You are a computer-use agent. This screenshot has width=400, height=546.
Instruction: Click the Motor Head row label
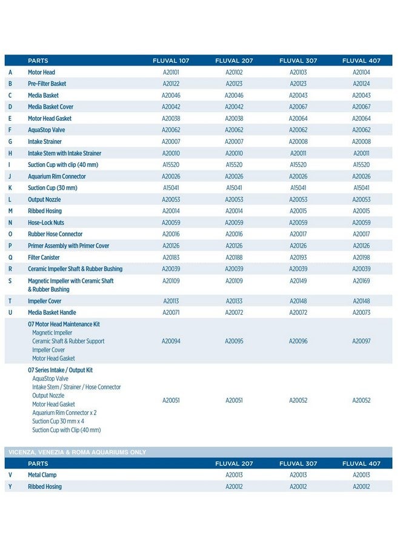click(x=41, y=72)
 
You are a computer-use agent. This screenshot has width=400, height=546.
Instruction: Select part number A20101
click(x=171, y=72)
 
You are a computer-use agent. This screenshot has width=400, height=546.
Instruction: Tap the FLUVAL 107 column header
click(x=171, y=61)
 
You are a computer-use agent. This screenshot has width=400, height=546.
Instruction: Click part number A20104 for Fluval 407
click(x=361, y=72)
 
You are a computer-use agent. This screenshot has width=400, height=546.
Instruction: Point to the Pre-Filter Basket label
click(x=47, y=84)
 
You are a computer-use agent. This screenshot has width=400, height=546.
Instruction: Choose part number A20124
click(x=361, y=84)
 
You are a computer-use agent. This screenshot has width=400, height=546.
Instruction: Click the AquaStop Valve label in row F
click(x=45, y=130)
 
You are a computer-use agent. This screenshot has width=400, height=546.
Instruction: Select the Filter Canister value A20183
click(x=171, y=257)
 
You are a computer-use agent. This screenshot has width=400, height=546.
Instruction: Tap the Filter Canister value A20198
click(x=361, y=257)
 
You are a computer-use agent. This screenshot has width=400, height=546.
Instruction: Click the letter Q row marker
click(x=10, y=257)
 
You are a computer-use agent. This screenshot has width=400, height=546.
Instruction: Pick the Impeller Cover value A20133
click(x=234, y=301)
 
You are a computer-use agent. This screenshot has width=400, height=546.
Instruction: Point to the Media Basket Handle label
click(x=52, y=312)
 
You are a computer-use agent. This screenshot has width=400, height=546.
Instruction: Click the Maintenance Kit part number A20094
click(x=171, y=342)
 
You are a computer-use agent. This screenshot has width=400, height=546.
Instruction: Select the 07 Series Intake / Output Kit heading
click(x=60, y=370)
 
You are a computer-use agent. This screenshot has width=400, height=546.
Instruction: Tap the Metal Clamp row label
click(x=42, y=475)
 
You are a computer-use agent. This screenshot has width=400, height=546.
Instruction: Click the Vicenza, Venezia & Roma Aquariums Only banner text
click(x=77, y=452)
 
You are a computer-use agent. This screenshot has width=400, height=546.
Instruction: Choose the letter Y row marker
click(x=10, y=487)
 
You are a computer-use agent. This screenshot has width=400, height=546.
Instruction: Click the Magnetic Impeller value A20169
click(x=361, y=281)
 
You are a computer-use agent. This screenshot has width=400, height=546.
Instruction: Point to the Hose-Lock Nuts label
click(x=46, y=223)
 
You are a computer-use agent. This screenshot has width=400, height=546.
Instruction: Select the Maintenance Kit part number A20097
click(x=361, y=342)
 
